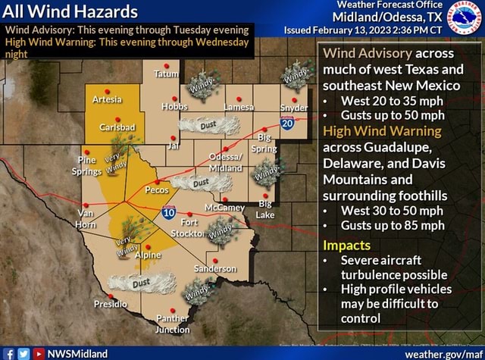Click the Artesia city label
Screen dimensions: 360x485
pyautogui.click(x=107, y=99)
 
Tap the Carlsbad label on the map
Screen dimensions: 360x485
pyautogui.click(x=117, y=126)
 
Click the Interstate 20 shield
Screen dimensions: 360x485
pyautogui.click(x=287, y=123)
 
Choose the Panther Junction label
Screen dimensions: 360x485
pyautogui.click(x=172, y=324)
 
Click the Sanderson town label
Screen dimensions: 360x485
pyautogui.click(x=215, y=269)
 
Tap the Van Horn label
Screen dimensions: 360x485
pyautogui.click(x=86, y=220)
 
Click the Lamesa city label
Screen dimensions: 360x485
pyautogui.click(x=239, y=108)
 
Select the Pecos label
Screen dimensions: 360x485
pyautogui.click(x=156, y=190)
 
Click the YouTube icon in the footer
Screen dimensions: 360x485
pyautogui.click(x=38, y=353)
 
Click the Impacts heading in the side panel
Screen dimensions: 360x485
pyautogui.click(x=346, y=245)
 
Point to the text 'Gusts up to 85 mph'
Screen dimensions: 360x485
pyautogui.click(x=393, y=226)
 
